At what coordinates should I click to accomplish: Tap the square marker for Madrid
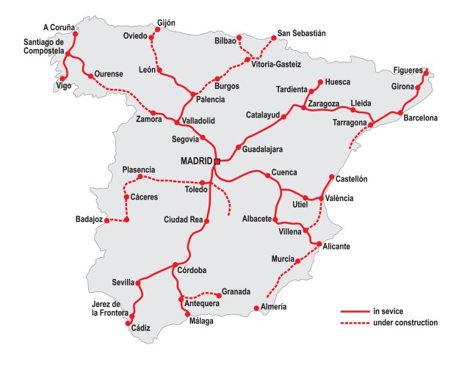coord(217,161)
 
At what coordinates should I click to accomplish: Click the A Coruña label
coord(59,27)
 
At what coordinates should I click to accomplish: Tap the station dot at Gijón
coord(159,32)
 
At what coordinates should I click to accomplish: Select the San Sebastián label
coord(301,34)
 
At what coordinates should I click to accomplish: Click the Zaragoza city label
coord(324,103)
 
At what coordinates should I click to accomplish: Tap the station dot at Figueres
coord(426,71)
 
